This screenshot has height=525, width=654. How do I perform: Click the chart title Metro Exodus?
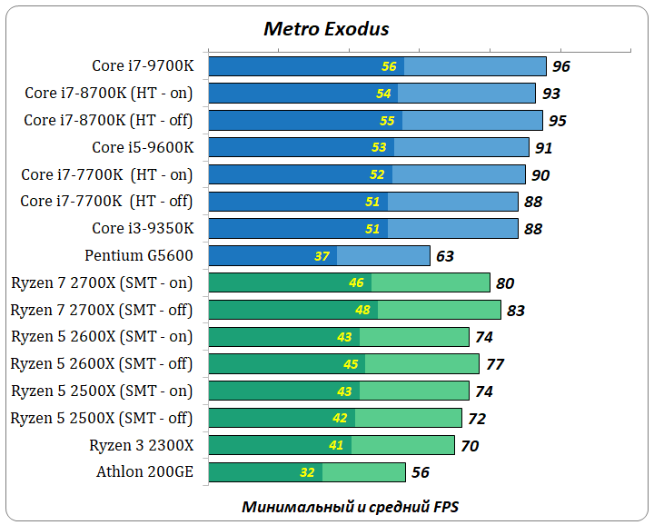[x=326, y=29]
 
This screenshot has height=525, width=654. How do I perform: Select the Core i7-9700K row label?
[x=143, y=65]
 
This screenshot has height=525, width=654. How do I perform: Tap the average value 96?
[x=560, y=66]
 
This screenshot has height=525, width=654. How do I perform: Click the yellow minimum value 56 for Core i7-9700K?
[x=389, y=66]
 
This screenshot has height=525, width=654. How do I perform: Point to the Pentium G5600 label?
[x=139, y=255]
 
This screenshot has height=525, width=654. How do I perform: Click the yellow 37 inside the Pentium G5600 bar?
[x=322, y=256]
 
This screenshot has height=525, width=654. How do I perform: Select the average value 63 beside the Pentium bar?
[x=444, y=256]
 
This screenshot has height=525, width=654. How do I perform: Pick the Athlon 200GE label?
[x=144, y=471]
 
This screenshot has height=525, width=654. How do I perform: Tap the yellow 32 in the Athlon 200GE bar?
[x=307, y=472]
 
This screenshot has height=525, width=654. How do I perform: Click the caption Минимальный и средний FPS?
[x=356, y=506]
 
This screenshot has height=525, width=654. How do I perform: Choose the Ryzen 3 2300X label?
[x=141, y=445]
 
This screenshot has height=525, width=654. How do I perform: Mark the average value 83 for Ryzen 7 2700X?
[x=515, y=311]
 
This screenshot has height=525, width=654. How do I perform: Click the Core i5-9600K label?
[x=143, y=147]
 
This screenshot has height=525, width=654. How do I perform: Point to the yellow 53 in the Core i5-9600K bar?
[x=379, y=147]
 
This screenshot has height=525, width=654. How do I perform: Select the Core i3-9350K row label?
[x=143, y=228]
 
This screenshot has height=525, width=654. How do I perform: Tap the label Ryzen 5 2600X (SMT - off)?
[x=102, y=363]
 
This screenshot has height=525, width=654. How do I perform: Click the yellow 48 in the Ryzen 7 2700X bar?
[x=362, y=311]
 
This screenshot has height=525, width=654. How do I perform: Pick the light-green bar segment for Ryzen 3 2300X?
[x=402, y=445]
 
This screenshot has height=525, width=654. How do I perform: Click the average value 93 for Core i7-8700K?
[x=550, y=94]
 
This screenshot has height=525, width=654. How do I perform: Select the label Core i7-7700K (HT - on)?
[x=107, y=174]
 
